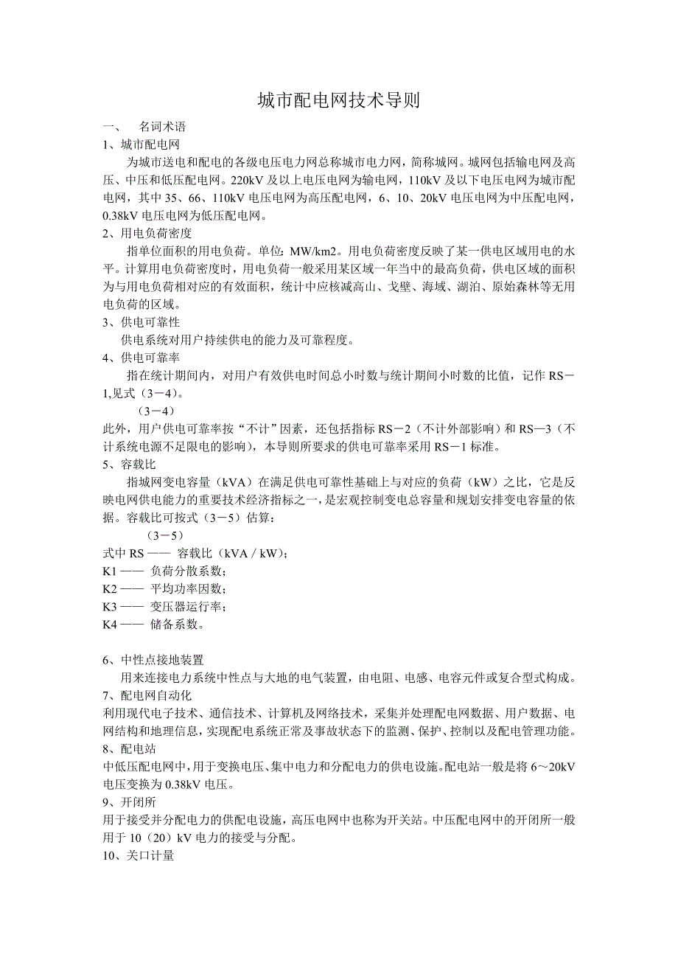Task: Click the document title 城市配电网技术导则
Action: (x=338, y=101)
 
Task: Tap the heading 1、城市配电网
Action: (x=141, y=145)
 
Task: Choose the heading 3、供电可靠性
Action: (x=141, y=322)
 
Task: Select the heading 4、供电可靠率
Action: (x=141, y=358)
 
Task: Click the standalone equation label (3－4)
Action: (x=156, y=410)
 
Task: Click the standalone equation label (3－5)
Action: (x=166, y=535)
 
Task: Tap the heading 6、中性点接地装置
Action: (x=153, y=659)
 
